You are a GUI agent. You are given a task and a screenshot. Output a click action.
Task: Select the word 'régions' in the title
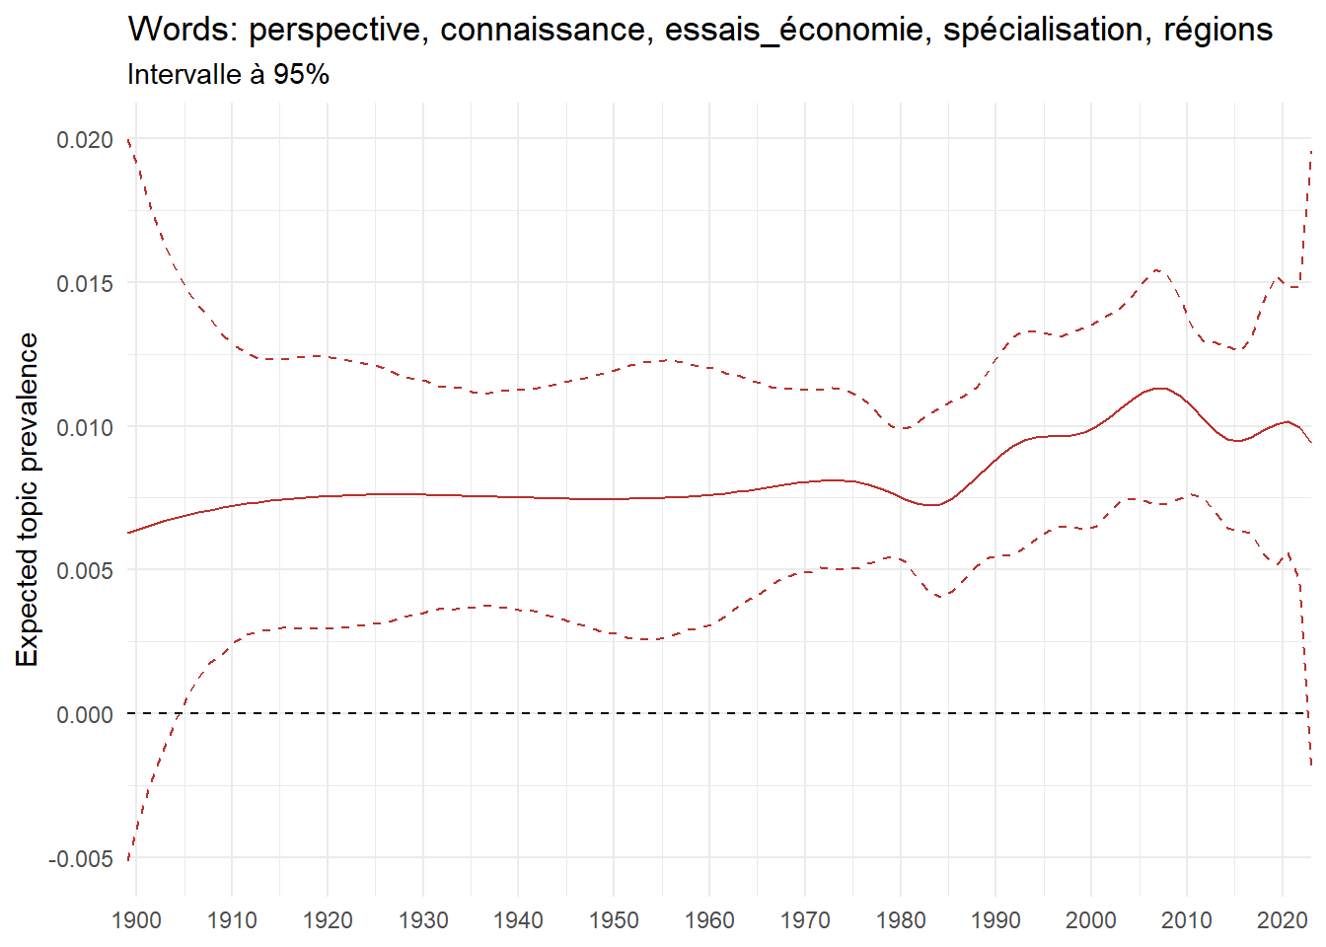(1218, 30)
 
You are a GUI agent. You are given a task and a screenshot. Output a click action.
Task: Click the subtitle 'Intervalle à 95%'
(228, 75)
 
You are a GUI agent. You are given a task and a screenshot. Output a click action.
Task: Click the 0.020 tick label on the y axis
(85, 140)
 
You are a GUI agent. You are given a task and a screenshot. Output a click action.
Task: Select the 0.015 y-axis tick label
(85, 284)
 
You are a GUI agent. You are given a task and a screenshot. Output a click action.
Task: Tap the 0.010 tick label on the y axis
(85, 427)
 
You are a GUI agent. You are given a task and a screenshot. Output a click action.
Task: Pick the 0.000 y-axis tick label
(85, 714)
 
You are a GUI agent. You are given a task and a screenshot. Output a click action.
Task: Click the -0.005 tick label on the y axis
(81, 858)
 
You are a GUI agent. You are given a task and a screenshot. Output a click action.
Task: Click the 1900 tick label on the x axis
(136, 920)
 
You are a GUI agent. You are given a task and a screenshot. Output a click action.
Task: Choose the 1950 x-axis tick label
(614, 920)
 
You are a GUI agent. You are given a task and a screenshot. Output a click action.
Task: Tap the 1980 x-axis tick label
(901, 920)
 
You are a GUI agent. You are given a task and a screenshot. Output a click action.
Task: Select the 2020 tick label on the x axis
(1283, 920)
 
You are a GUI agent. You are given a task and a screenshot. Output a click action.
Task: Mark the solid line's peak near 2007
(1160, 389)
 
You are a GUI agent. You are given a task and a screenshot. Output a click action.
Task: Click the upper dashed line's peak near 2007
(1156, 269)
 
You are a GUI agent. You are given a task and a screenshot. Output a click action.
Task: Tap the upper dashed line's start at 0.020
(129, 140)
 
